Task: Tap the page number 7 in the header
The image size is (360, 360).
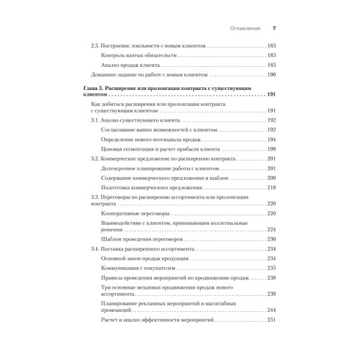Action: pyautogui.click(x=274, y=28)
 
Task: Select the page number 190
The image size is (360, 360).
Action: pyautogui.click(x=271, y=75)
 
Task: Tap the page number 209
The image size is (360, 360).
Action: pyautogui.click(x=271, y=176)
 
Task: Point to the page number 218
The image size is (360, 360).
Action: pyautogui.click(x=271, y=186)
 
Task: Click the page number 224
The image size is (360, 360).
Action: pyautogui.click(x=271, y=229)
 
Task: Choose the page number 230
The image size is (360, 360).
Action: pyautogui.click(x=271, y=238)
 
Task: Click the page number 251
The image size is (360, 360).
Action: pyautogui.click(x=271, y=319)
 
